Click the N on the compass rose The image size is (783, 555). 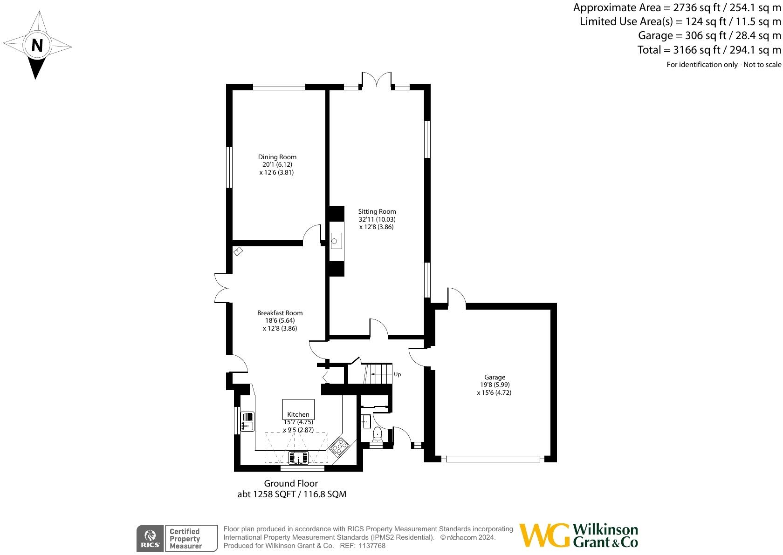37,46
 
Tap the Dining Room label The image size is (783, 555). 277,157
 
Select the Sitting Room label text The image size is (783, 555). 377,211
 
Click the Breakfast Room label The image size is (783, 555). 280,313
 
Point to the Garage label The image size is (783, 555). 495,377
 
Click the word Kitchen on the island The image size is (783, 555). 298,414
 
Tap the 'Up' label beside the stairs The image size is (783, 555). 398,374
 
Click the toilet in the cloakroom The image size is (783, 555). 378,434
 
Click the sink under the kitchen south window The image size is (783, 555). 298,458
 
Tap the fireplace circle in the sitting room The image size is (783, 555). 335,241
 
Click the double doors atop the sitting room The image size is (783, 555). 377,79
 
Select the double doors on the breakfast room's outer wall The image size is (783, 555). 221,288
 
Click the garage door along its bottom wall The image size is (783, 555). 493,459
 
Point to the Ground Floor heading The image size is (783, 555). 291,483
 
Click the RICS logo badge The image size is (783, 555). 150,539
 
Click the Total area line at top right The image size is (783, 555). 709,49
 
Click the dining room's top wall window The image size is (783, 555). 279,87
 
